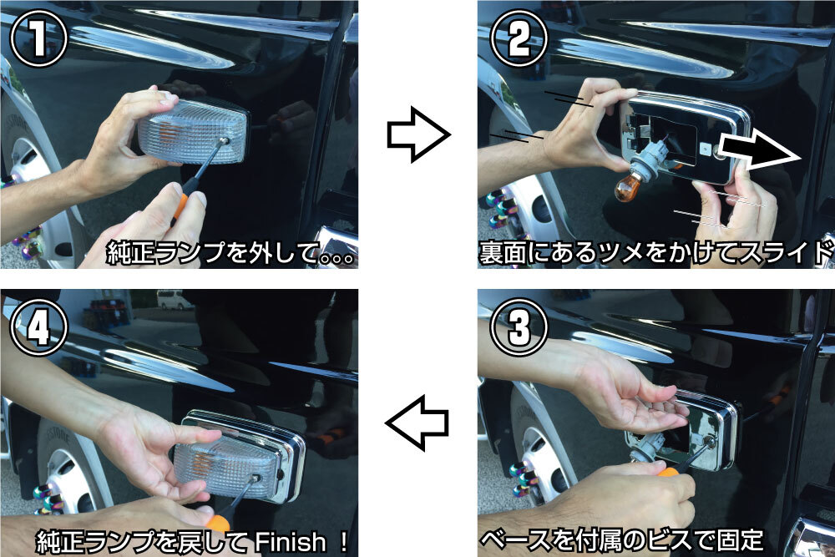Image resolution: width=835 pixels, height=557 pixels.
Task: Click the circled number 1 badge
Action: [38, 38]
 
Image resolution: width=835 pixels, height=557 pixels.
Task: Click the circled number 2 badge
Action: [519, 38]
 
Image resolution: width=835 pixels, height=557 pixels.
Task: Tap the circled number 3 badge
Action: [519, 327]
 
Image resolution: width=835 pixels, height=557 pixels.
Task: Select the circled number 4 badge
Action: [38, 327]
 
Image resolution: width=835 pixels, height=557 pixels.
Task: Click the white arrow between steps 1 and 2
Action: [418, 134]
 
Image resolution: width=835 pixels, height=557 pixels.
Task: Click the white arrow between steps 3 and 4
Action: [417, 423]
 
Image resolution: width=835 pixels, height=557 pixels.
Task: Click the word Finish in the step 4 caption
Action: [291, 543]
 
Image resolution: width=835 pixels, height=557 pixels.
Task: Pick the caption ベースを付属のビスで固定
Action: [621, 540]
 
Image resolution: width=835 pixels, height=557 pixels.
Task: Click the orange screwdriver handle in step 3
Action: [669, 472]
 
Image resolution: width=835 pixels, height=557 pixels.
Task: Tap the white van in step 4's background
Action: [175, 300]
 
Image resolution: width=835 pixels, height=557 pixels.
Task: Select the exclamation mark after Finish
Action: [343, 542]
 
